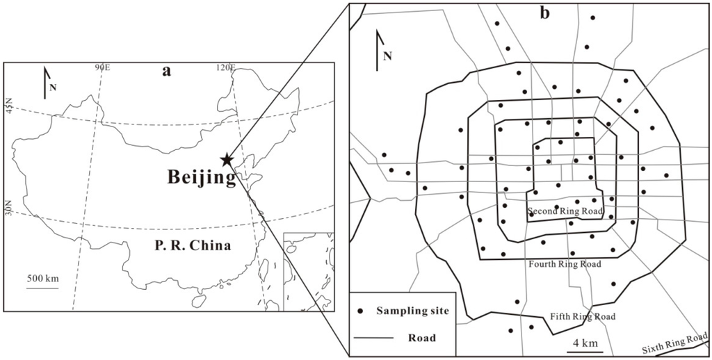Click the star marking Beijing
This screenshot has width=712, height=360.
(227, 160)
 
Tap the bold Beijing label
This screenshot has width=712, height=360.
(201, 178)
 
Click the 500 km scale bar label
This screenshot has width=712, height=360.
(43, 278)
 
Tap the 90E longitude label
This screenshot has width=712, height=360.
(103, 67)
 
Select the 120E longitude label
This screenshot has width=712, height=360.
(225, 67)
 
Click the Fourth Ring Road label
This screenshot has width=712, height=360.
(565, 264)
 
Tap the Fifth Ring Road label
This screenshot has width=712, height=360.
(583, 317)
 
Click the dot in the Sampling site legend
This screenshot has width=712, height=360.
(360, 311)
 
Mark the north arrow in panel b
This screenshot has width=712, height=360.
(378, 50)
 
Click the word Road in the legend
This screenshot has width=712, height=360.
(422, 338)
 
